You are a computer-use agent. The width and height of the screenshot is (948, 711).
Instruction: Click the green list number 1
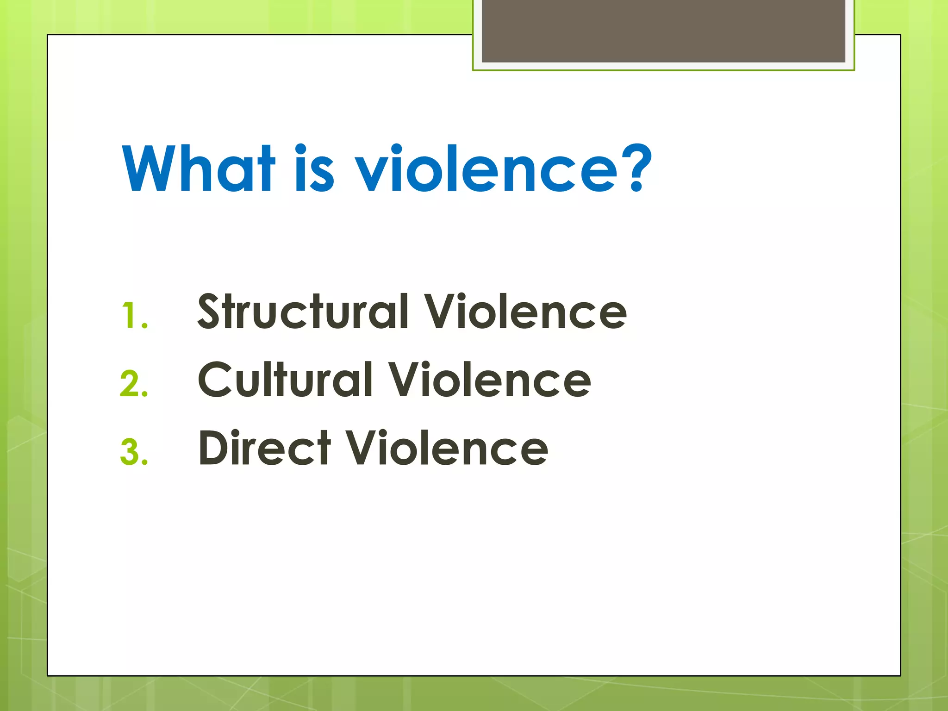click(x=134, y=316)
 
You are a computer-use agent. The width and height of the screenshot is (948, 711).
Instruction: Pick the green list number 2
click(x=134, y=384)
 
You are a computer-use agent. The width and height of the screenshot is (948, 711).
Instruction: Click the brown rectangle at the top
click(x=663, y=31)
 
